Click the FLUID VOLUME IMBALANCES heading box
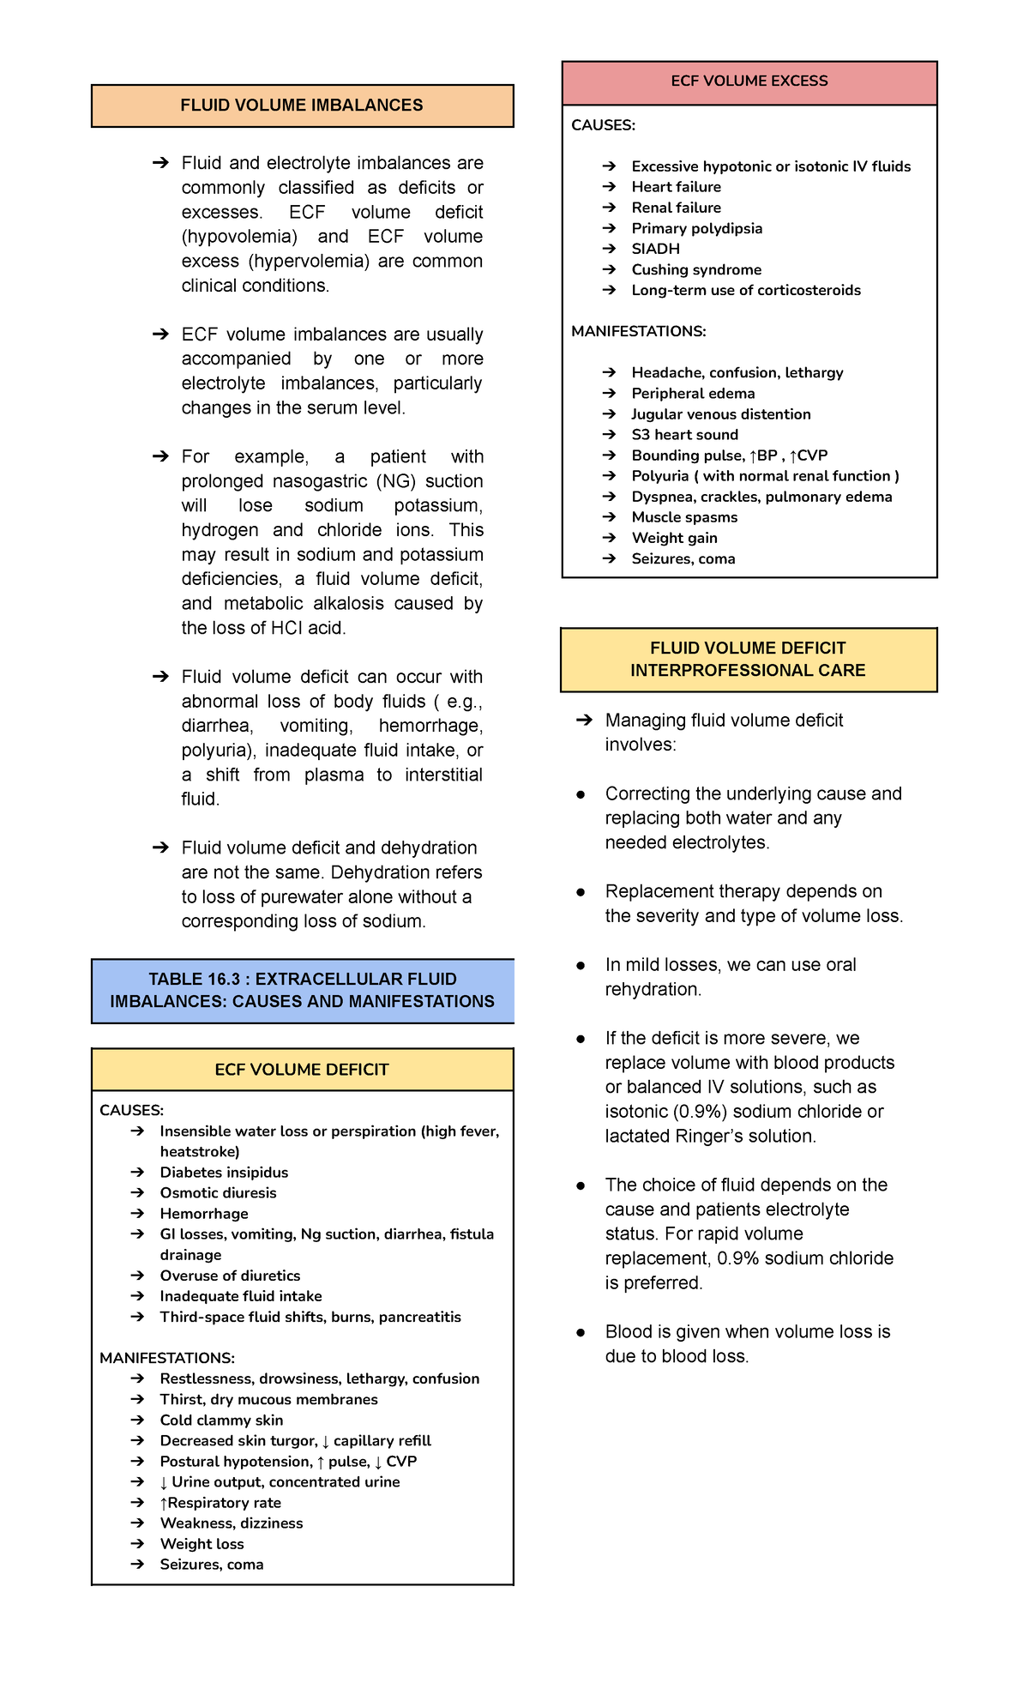[302, 106]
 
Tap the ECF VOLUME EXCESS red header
[749, 81]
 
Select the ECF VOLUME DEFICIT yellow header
[302, 1070]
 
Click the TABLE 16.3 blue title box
[302, 990]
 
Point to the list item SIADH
[655, 249]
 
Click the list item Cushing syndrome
[696, 269]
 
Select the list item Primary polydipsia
[696, 228]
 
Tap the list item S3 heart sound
[684, 435]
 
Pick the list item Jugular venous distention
[720, 414]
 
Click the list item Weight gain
[674, 538]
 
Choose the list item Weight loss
[202, 1543]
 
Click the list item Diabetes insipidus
[224, 1172]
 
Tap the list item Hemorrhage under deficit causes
[204, 1213]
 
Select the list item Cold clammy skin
[221, 1420]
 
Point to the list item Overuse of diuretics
[230, 1276]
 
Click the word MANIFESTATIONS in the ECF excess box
[639, 331]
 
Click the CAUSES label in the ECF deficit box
[131, 1110]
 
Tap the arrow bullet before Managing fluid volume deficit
[584, 720]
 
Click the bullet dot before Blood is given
[581, 1332]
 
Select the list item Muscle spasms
[684, 517]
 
